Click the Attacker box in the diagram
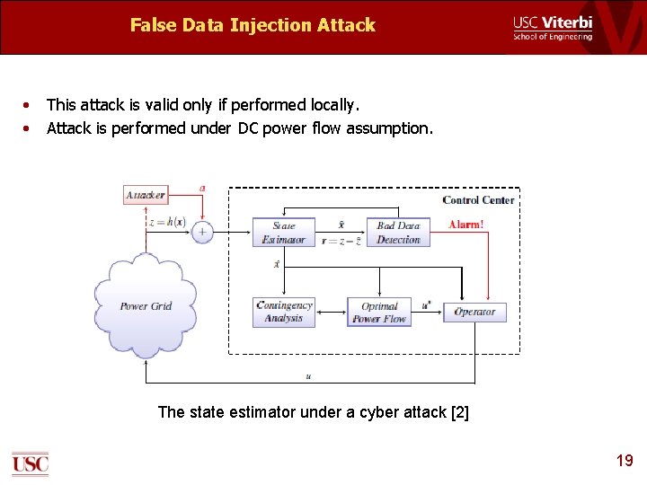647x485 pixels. click(145, 195)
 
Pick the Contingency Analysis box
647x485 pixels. click(284, 311)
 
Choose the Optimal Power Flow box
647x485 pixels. click(379, 312)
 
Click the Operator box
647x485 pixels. click(474, 312)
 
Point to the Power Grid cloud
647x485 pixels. click(146, 305)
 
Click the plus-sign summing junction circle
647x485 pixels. click(202, 232)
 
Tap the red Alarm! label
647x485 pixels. click(465, 225)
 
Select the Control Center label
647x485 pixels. click(478, 199)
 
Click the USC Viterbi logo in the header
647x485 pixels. click(553, 28)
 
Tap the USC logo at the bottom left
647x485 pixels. click(30, 463)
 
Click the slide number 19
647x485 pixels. click(624, 461)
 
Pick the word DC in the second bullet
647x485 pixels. click(248, 128)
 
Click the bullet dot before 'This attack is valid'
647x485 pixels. click(29, 105)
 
